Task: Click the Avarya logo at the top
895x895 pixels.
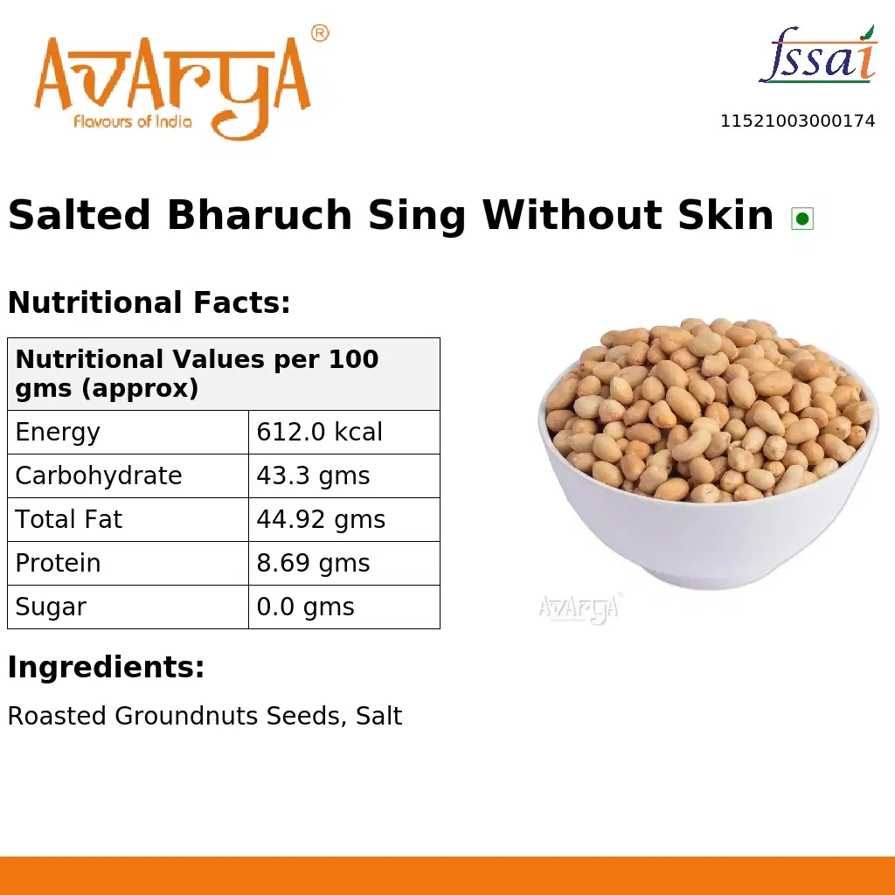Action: pos(173,83)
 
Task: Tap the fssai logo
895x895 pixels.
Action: pos(817,58)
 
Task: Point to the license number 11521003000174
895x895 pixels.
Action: pos(797,121)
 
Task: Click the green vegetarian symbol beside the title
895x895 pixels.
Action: pos(802,219)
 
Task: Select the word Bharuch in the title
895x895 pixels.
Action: pos(260,215)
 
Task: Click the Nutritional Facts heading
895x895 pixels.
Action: pos(149,303)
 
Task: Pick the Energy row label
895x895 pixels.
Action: pos(58,432)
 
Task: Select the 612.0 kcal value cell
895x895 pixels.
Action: pos(320,432)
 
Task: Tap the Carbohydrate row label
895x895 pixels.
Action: pos(99,475)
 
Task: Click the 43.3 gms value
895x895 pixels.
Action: pos(313,475)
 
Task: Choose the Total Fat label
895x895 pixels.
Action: pos(69,519)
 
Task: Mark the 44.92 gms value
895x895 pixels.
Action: pos(321,519)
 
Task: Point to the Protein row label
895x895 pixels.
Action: pos(58,563)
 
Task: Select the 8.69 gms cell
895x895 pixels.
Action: pos(313,563)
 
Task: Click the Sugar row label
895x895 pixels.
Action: pos(51,607)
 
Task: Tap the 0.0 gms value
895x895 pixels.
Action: pos(305,607)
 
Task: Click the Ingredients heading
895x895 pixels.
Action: pos(106,668)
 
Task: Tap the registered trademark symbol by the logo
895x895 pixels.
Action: pos(320,33)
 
